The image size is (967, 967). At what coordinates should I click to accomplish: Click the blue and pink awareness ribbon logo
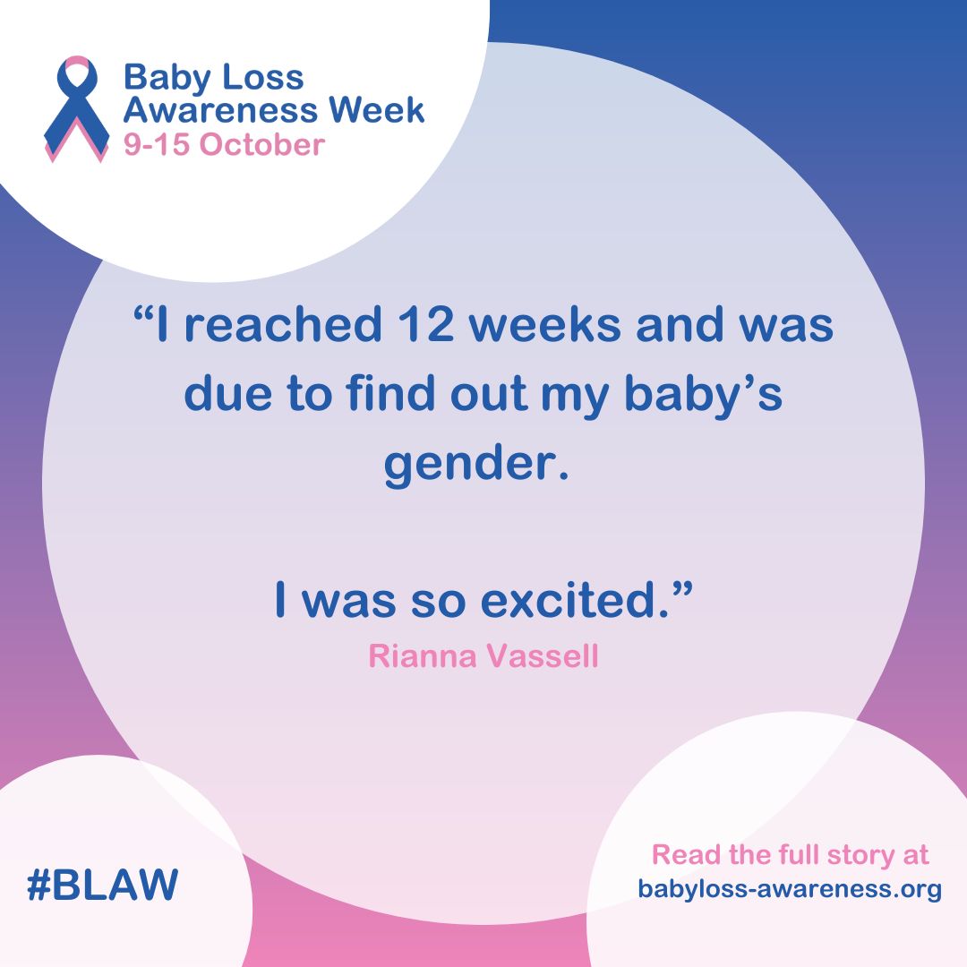coord(76,108)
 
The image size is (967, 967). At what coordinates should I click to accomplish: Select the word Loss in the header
coord(262,77)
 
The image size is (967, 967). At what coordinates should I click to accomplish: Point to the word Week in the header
coord(376,109)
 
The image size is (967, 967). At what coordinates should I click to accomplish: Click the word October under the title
coord(262,144)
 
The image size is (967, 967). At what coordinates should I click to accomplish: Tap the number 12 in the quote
coord(425,324)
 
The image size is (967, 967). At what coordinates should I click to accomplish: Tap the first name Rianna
coord(423,655)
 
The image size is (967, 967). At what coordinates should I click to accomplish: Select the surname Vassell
coord(543,655)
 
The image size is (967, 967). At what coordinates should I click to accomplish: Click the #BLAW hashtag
coord(102,884)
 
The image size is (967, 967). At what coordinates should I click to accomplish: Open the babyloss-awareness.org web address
coord(790,889)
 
